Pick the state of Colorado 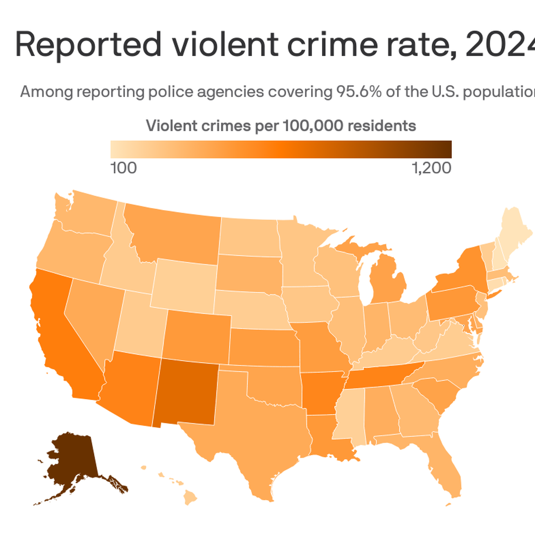point(196,337)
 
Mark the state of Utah point(141,322)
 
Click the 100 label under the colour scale point(123,168)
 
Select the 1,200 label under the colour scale point(431,168)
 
